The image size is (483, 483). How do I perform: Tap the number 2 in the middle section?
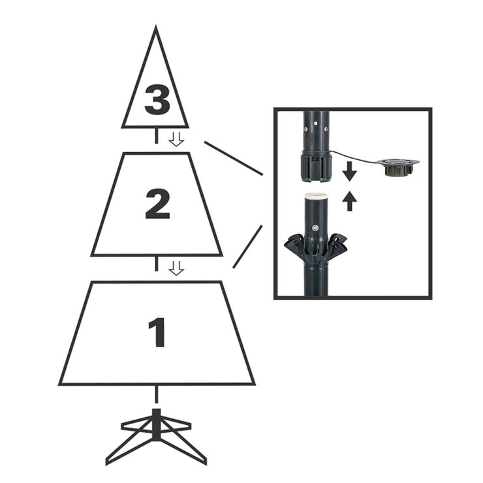coord(157,204)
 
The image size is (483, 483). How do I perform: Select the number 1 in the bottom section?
coord(157,332)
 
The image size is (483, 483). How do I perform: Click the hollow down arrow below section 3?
coord(176,138)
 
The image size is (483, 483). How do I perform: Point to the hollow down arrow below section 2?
coord(176,268)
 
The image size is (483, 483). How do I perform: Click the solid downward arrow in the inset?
coord(350,171)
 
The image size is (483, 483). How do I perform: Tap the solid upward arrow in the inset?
coord(350,200)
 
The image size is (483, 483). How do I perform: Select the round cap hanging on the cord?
coord(398,168)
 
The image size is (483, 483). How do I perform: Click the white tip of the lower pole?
coord(316,195)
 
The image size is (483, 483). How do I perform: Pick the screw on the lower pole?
coord(316,228)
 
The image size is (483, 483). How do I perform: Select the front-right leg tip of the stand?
coord(204,461)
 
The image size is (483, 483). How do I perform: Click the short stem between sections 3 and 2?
coord(156,136)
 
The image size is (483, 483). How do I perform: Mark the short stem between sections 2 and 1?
coord(156,264)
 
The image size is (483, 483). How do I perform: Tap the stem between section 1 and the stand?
coord(156,394)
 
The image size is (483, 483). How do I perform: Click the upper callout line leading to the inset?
coord(233,158)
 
